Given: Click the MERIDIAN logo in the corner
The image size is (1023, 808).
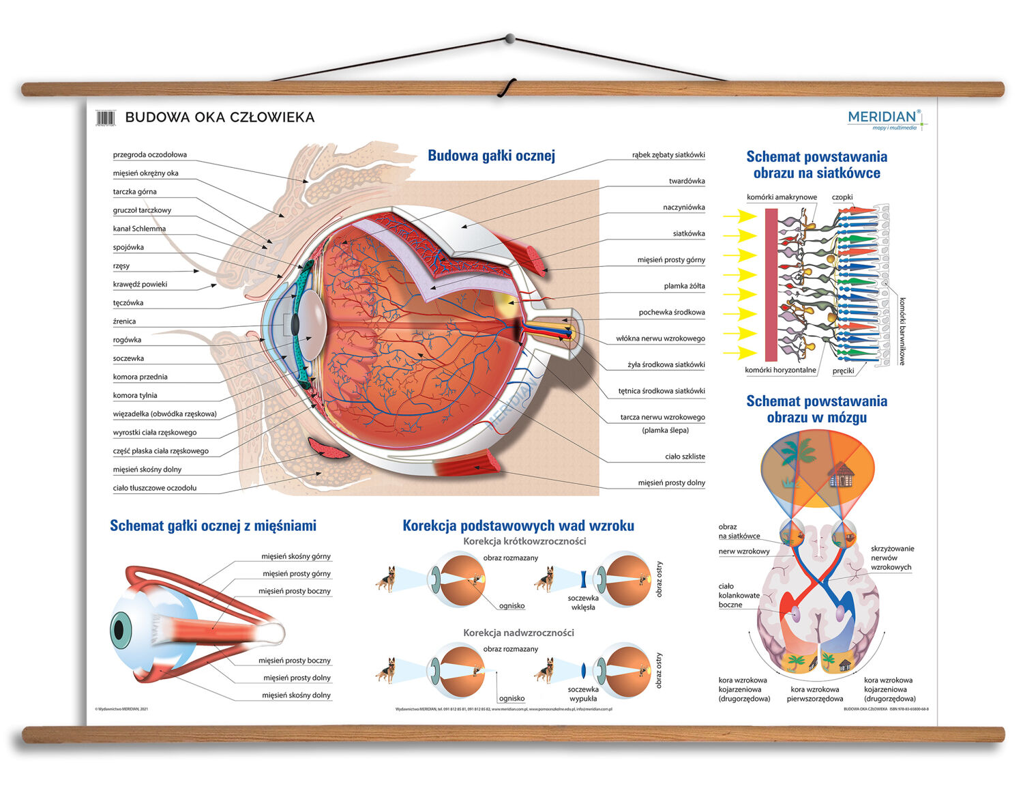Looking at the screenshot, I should point(885,118).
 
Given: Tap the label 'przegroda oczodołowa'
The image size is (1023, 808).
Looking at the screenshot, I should point(149,155).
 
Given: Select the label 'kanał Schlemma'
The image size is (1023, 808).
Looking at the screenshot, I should point(139,229).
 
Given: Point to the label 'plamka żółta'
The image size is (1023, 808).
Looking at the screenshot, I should point(684,286).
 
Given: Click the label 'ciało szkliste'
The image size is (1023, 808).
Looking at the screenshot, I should point(685,457).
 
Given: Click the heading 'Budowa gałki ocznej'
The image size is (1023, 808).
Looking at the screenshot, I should point(491,156).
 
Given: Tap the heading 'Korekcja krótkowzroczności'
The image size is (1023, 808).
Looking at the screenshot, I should point(524,541).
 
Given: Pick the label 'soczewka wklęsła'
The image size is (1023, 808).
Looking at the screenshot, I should point(583,603).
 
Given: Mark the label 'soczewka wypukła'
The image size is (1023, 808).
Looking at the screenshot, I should point(583,694).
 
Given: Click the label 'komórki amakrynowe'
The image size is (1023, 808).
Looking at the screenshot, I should point(782,197).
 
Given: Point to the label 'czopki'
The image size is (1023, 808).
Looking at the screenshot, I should point(842,197).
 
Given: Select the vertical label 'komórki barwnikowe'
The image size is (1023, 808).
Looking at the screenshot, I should point(902,331).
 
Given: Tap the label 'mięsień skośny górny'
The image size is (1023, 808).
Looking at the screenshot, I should point(295,557).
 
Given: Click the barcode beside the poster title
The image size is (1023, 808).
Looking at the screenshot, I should point(105,117).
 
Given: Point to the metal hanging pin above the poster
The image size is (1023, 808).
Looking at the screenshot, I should point(509,38).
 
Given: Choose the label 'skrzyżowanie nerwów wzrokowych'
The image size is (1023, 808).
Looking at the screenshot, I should point(892,558).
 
